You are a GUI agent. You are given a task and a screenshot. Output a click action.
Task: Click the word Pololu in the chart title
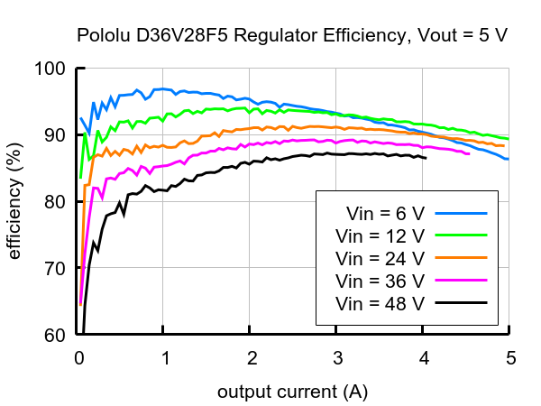pyautogui.click(x=101, y=37)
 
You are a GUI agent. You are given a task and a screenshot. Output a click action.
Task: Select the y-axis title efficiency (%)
pyautogui.click(x=15, y=202)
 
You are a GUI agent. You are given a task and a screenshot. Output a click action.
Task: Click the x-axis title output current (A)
pyautogui.click(x=292, y=393)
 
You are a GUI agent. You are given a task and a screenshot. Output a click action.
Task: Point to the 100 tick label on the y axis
pyautogui.click(x=50, y=69)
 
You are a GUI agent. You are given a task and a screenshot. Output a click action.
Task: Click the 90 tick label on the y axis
pyautogui.click(x=54, y=135)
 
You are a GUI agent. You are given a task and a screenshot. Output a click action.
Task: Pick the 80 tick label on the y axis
pyautogui.click(x=54, y=202)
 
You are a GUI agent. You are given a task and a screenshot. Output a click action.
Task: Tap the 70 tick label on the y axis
pyautogui.click(x=54, y=269)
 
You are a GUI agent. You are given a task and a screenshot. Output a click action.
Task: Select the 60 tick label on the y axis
pyautogui.click(x=54, y=336)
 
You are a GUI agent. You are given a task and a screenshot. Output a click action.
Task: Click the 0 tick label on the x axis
pyautogui.click(x=78, y=357)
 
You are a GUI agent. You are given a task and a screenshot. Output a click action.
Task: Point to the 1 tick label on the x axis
pyautogui.click(x=165, y=357)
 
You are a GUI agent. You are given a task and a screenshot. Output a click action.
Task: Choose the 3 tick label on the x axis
pyautogui.click(x=337, y=357)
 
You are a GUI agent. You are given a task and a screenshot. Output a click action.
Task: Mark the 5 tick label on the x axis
pyautogui.click(x=509, y=357)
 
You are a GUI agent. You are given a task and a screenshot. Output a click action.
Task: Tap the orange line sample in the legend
pyautogui.click(x=461, y=258)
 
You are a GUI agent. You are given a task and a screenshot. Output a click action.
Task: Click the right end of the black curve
pyautogui.click(x=426, y=158)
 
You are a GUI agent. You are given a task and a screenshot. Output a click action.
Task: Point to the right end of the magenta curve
pyautogui.click(x=469, y=153)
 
